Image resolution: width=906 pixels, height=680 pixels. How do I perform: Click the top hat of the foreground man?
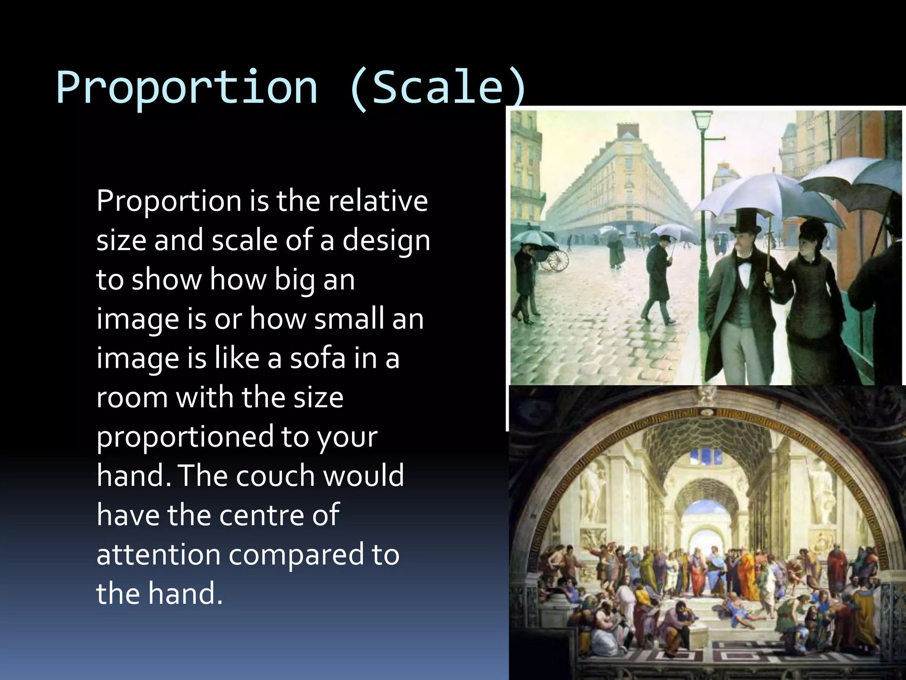tap(745, 224)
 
